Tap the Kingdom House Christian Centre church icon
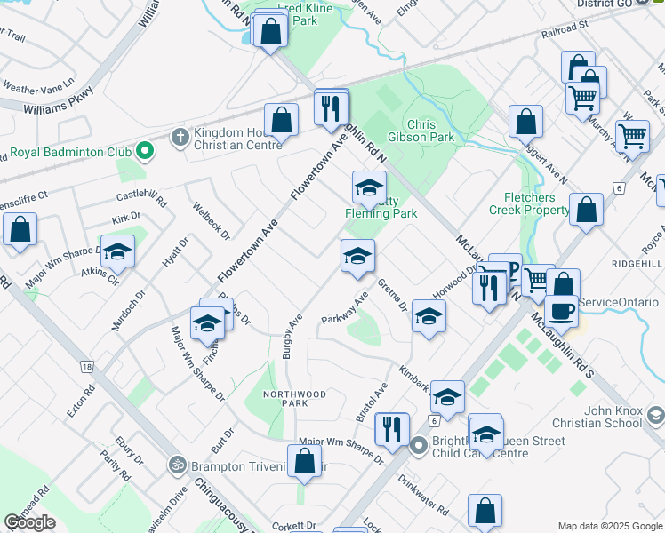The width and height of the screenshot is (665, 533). click(180, 137)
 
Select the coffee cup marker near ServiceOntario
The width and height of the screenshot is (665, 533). click(562, 310)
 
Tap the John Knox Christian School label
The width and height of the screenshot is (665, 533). click(613, 417)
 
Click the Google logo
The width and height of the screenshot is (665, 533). click(29, 522)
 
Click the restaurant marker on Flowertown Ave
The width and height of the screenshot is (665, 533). click(331, 110)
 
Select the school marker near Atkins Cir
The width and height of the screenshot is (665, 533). click(117, 253)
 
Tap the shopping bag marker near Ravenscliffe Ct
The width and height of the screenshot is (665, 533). click(20, 230)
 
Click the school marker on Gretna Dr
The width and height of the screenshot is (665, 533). click(429, 318)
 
